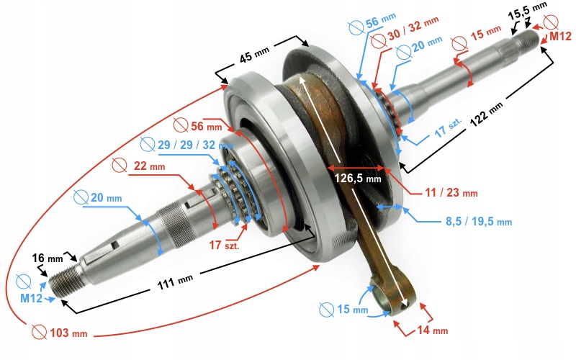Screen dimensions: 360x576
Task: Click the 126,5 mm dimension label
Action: (357, 177)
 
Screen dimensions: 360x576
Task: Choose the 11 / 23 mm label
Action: (451, 193)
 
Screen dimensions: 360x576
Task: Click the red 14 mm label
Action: (431, 330)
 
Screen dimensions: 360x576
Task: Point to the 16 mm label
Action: (48, 257)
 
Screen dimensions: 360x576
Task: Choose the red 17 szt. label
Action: (225, 245)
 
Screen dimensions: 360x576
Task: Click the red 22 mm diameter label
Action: (149, 166)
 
